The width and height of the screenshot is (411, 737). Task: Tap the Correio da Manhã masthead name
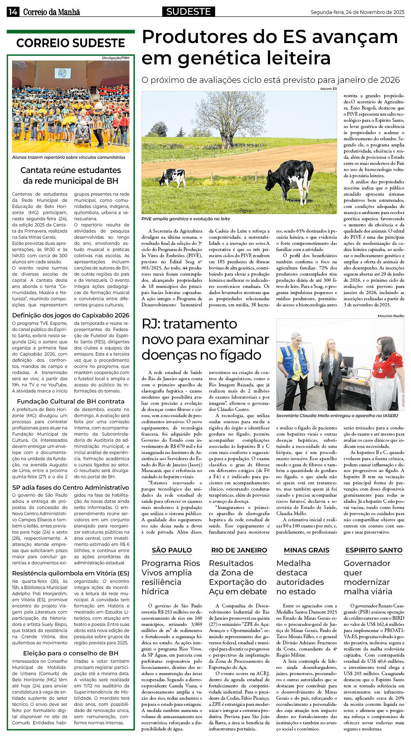click(51, 12)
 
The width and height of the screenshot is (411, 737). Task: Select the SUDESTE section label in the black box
click(188, 11)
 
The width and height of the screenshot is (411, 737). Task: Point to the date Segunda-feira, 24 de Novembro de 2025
click(357, 12)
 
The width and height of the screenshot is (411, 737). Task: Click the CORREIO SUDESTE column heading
click(70, 43)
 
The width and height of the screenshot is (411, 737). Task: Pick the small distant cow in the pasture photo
click(173, 176)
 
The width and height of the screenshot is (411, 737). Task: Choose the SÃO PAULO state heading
click(172, 550)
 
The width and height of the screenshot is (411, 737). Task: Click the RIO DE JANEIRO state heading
click(239, 550)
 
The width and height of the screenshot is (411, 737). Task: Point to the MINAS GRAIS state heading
click(306, 550)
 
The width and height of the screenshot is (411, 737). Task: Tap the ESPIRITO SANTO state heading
click(374, 550)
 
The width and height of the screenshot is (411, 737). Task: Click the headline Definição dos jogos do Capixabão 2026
click(70, 315)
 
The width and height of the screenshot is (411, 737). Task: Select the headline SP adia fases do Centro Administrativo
click(70, 487)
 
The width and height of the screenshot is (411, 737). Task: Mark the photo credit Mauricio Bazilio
click(391, 315)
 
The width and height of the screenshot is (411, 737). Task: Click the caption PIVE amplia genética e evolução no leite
click(186, 219)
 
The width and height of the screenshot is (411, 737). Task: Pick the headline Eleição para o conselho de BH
click(70, 653)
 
